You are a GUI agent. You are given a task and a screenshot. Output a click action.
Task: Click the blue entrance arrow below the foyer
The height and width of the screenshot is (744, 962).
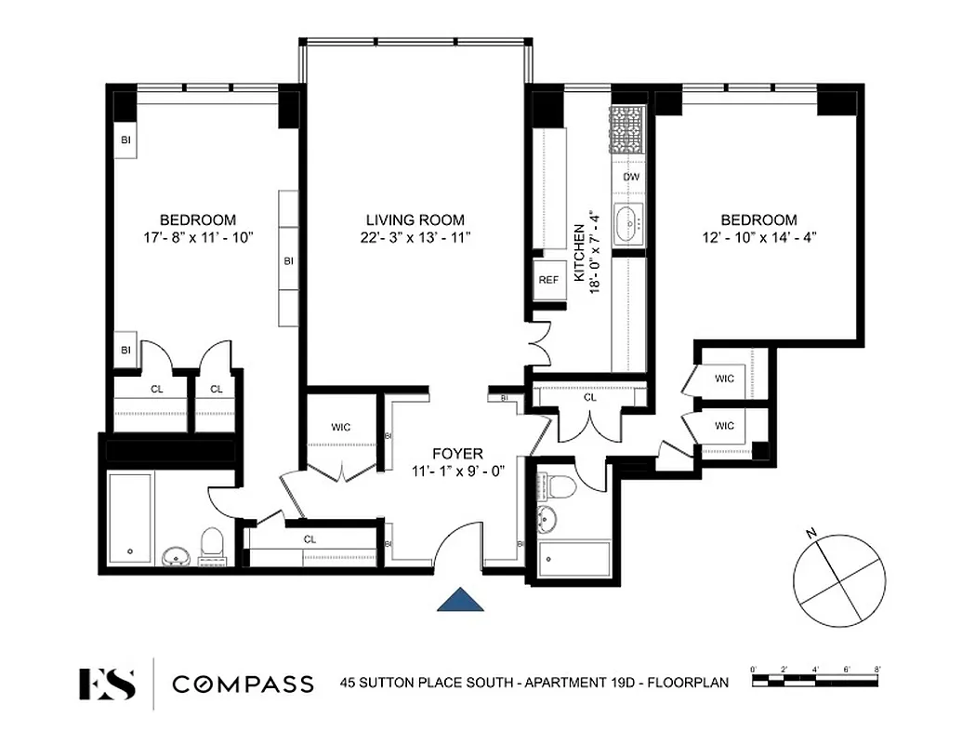tap(462, 600)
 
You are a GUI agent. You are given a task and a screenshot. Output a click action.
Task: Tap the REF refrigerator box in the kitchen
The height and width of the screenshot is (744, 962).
tap(547, 279)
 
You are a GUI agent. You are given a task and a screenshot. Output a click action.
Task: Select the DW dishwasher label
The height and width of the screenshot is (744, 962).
tap(631, 177)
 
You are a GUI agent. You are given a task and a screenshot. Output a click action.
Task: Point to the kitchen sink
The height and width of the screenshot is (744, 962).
tap(631, 222)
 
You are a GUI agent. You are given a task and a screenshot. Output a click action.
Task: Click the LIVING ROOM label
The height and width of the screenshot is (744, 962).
tap(414, 219)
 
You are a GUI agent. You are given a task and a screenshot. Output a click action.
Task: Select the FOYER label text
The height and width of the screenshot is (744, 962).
tap(456, 454)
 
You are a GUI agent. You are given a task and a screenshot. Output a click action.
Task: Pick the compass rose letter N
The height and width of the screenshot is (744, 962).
tap(811, 533)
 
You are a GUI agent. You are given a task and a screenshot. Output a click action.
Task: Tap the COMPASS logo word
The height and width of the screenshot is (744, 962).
tap(243, 684)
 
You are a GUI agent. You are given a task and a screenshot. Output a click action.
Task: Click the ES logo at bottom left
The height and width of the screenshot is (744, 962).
tap(107, 684)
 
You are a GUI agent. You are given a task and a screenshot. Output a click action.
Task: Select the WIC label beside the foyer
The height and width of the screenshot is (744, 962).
tap(341, 428)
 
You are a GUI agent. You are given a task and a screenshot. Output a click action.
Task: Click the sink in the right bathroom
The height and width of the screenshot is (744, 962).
tap(548, 519)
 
